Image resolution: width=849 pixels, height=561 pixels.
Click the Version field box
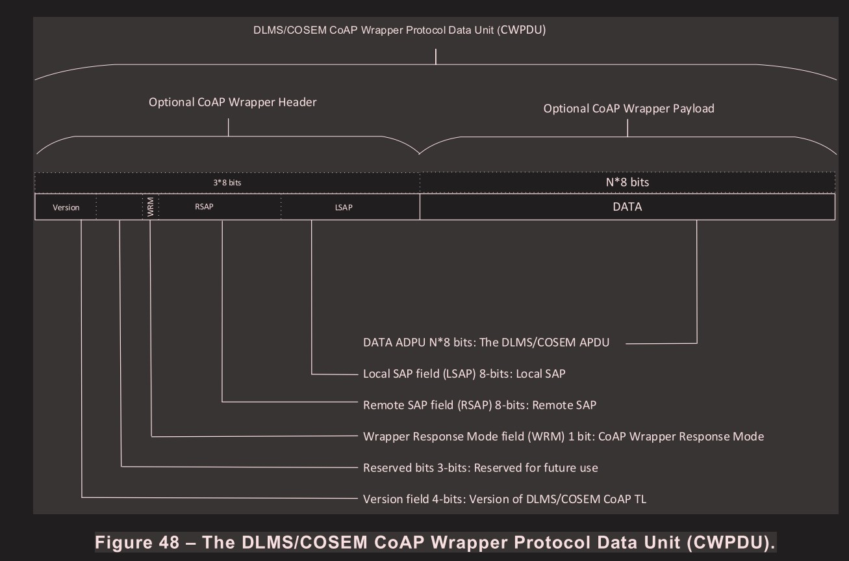pos(66,207)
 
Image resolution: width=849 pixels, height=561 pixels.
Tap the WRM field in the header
pos(151,207)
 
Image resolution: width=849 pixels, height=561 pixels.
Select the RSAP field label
pos(204,207)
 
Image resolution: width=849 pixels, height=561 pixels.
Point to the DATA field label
pos(627,207)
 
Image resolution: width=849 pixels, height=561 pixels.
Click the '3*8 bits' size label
pos(227,183)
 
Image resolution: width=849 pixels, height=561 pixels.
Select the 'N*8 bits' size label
pos(627,182)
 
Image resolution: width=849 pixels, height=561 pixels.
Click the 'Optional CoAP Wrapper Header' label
pos(233,102)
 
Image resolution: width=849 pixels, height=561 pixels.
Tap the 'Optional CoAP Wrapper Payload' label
pos(628,109)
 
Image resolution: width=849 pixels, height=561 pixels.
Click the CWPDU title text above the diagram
pos(399,31)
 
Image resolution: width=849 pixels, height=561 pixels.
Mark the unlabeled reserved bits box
pos(120,207)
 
